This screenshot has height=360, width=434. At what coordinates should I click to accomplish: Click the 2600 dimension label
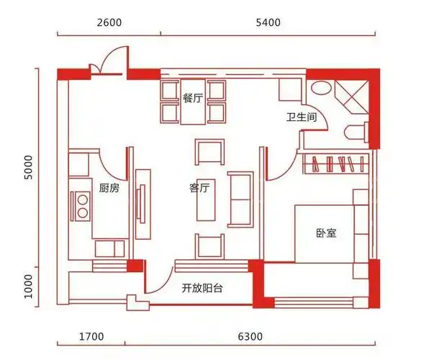[x=109, y=22]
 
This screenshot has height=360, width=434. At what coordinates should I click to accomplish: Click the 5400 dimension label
[x=267, y=22]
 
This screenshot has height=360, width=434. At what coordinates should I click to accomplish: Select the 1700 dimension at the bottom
[x=91, y=336]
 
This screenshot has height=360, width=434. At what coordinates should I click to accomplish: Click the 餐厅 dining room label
[x=192, y=99]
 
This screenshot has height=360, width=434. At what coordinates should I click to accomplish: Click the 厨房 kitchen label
[x=109, y=188]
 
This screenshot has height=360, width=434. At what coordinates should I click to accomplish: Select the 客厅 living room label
[x=199, y=188]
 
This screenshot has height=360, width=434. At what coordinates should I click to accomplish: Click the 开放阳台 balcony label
[x=202, y=288]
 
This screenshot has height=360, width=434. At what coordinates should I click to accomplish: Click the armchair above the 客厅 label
[x=209, y=152]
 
